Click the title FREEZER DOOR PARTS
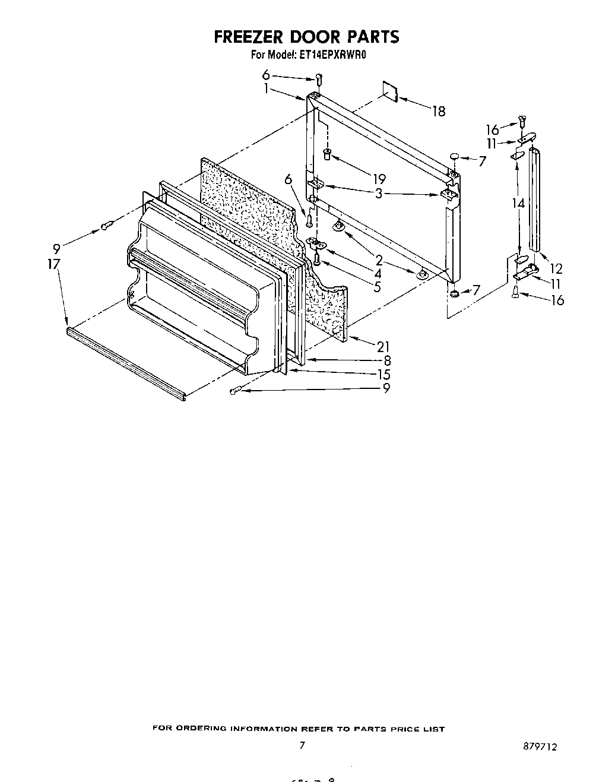[306, 37]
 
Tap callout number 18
[438, 111]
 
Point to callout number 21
[384, 347]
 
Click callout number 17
[54, 264]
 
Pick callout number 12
[556, 268]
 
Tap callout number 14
[519, 203]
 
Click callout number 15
[384, 374]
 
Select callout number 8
[386, 360]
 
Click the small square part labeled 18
[389, 89]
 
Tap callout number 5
[378, 286]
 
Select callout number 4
[378, 273]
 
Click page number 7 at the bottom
[302, 745]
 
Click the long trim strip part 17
[125, 362]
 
